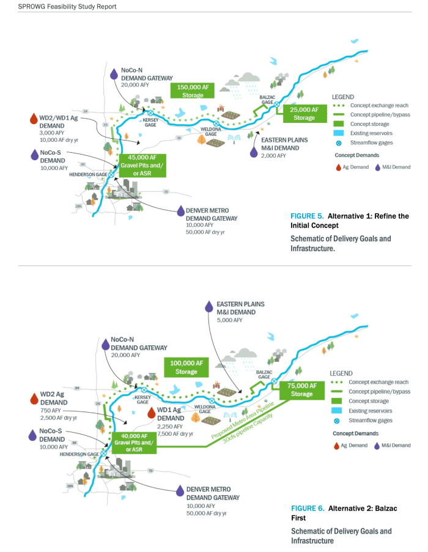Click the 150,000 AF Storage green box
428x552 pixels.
193,91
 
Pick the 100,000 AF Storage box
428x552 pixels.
186,367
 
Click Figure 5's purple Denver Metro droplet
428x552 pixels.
180,211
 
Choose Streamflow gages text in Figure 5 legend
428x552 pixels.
372,142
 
